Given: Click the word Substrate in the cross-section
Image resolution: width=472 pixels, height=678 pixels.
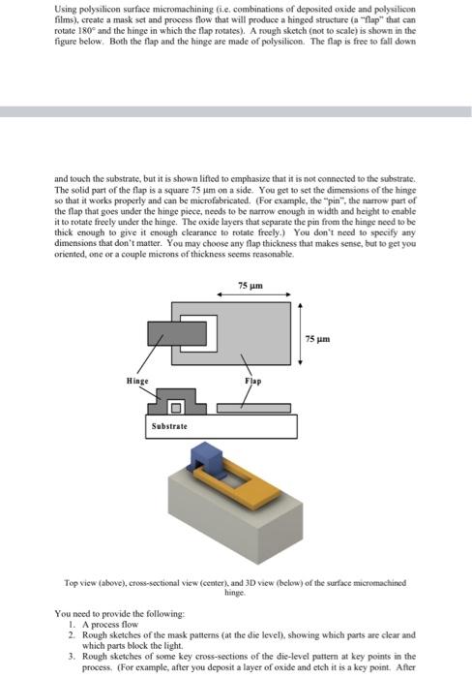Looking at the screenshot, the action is coord(168,425).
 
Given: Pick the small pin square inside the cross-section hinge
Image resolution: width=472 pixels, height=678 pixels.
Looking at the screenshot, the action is coord(179,405).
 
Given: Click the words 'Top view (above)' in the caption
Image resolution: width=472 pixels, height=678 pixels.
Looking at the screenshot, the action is coord(96,583).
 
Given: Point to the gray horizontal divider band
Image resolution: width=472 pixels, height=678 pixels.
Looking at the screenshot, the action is coord(236,112).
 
